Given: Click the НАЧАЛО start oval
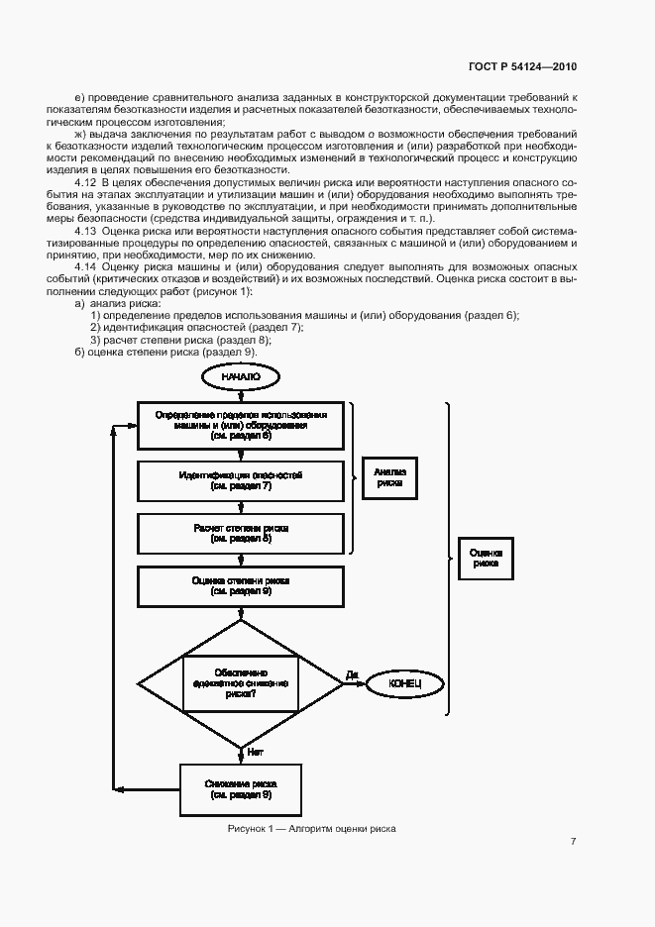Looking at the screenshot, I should [241, 376].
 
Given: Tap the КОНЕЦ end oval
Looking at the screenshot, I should [406, 682].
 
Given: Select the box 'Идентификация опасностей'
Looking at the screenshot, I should [241, 481].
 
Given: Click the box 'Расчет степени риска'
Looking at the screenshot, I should [241, 533].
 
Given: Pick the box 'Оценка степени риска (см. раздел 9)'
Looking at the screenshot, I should [241, 585].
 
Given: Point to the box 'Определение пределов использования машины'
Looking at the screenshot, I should [241, 424].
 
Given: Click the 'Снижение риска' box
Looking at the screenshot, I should [241, 788].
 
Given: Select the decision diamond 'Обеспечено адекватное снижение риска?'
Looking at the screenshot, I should [241, 682].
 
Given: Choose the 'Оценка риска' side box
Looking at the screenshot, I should [486, 558].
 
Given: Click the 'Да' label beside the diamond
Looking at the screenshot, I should [351, 674].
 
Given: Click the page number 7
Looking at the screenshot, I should [573, 841].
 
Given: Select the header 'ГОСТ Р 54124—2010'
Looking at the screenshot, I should [521, 66].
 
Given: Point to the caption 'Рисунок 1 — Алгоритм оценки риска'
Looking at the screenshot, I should [311, 828].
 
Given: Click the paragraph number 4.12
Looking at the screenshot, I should [86, 185].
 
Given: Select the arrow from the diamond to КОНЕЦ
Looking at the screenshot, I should [356, 682].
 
